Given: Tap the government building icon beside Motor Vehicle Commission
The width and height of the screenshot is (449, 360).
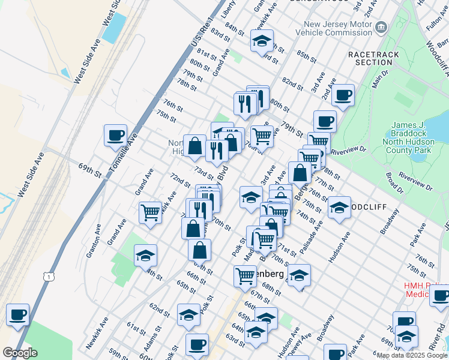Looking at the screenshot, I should click(x=381, y=27).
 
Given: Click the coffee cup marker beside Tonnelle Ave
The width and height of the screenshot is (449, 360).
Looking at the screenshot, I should click(x=115, y=135).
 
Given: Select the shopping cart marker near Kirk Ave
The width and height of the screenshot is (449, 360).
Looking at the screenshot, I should click(x=150, y=211).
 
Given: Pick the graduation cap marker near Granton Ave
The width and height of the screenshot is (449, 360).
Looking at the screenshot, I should click(x=145, y=255).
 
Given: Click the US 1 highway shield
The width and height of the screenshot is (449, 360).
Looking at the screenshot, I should click(x=47, y=275).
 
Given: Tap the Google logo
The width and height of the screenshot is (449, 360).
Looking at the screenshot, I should click(x=20, y=353).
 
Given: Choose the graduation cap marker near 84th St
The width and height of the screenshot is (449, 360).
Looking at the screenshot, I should click(x=261, y=41).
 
